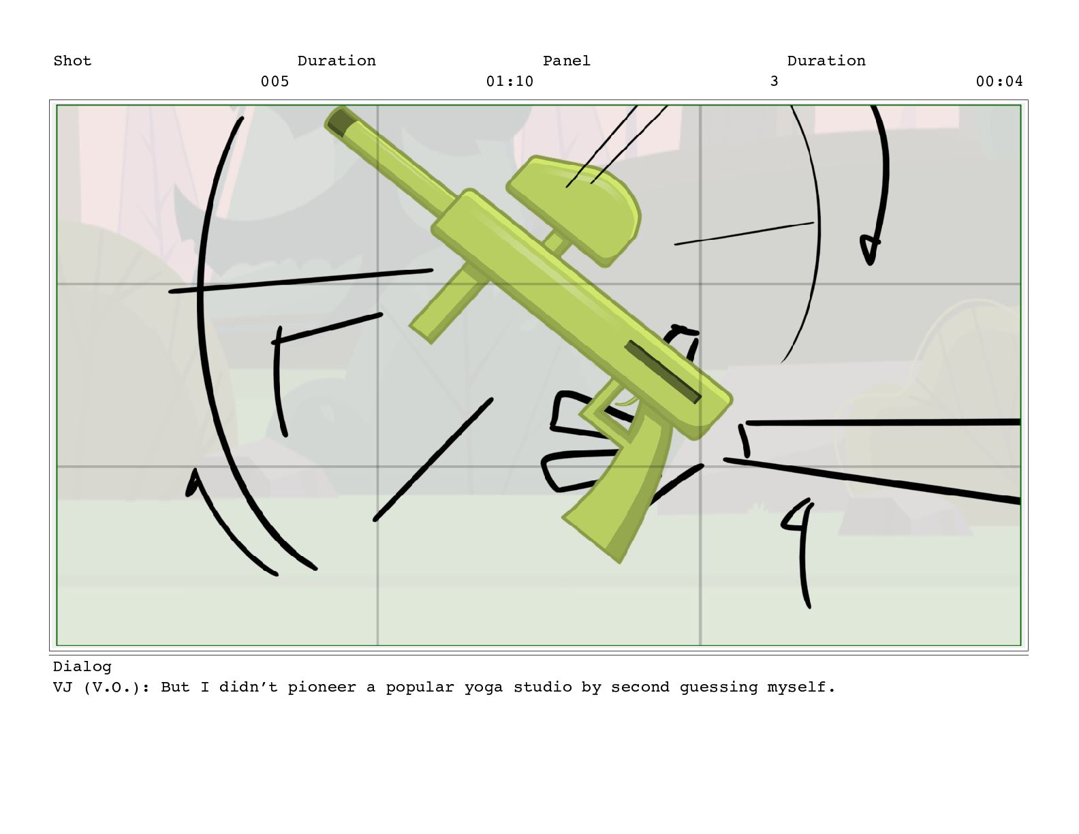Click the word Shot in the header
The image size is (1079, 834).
(72, 61)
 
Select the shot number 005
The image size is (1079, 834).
(275, 81)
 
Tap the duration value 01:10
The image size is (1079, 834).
(510, 81)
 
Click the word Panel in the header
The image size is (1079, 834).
(567, 61)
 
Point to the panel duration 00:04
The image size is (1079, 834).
(999, 81)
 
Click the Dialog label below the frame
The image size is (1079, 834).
(82, 666)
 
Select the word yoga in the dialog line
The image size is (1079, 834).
(484, 688)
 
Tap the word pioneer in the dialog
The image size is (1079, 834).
(322, 688)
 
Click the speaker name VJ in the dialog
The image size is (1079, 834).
(63, 687)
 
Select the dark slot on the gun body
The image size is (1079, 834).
(662, 371)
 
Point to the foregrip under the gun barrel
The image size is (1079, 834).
(447, 304)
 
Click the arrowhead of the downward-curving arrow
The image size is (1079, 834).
(869, 250)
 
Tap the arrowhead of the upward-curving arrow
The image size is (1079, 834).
(193, 481)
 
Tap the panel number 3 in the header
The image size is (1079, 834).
(774, 81)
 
